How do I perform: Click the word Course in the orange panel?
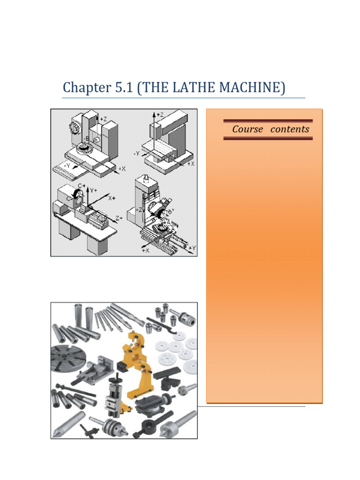pyautogui.click(x=247, y=129)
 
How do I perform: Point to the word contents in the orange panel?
pyautogui.click(x=290, y=129)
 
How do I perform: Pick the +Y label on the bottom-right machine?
pyautogui.click(x=192, y=247)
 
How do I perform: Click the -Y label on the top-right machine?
pyautogui.click(x=137, y=153)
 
